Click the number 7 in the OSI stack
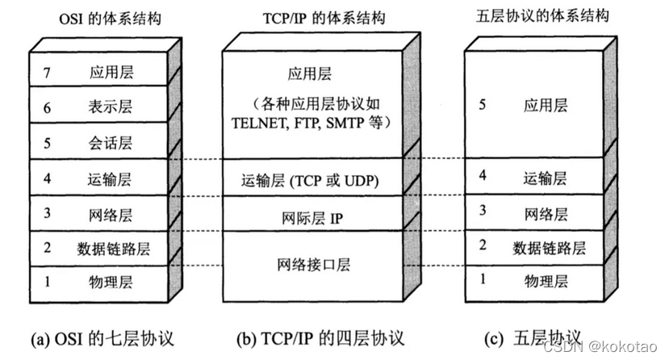48,72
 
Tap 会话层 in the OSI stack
111,144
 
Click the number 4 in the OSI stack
48,178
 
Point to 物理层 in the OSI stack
111,283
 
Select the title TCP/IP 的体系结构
311,18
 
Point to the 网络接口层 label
311,265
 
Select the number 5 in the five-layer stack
483,105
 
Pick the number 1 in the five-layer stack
483,280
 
